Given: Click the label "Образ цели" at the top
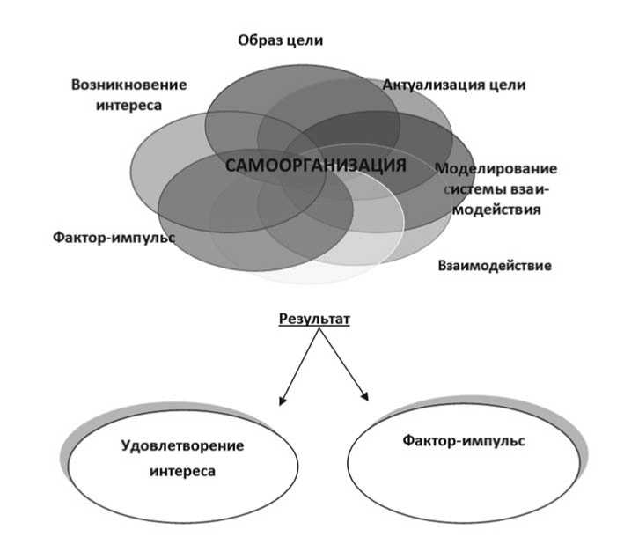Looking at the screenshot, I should [x=281, y=40].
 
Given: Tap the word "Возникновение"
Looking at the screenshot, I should [x=129, y=85].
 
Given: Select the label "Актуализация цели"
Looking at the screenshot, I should [x=453, y=85].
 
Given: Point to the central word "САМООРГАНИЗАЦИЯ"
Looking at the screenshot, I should [x=316, y=166].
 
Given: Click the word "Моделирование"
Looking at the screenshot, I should [x=496, y=168].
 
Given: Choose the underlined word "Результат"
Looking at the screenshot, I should [x=314, y=320].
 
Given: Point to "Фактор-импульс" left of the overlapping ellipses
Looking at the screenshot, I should [x=114, y=238].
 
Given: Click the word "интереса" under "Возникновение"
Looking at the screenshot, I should [x=129, y=105].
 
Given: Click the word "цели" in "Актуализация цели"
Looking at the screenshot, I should [x=509, y=85].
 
